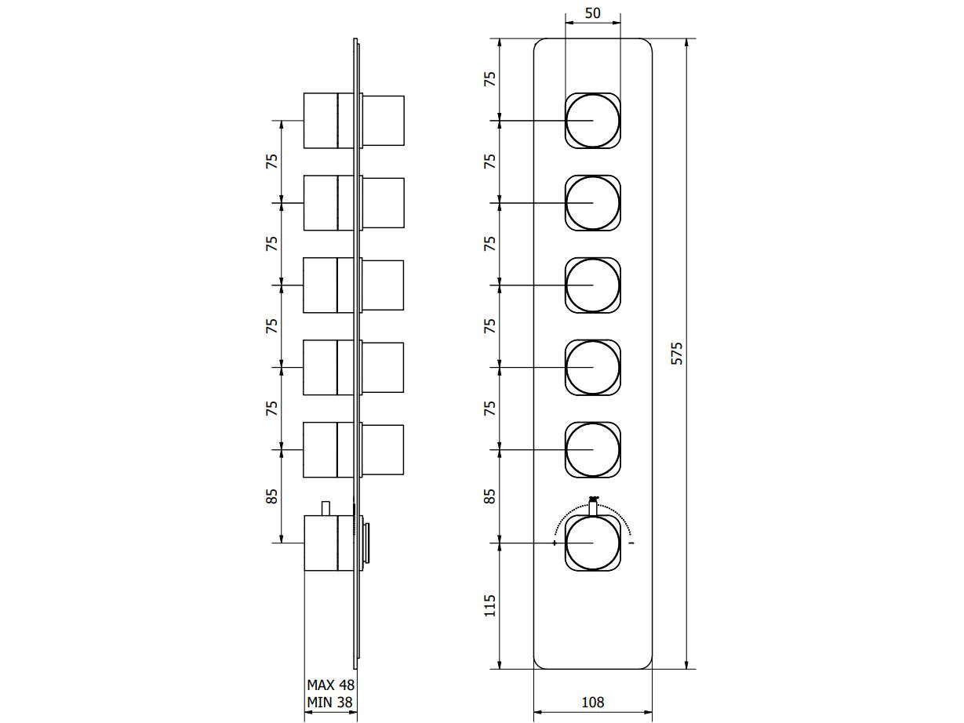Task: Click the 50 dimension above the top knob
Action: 592,14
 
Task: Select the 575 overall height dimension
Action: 678,353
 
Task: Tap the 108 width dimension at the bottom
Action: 593,703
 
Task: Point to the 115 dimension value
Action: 490,605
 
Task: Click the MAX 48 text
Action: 330,685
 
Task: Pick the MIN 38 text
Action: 330,703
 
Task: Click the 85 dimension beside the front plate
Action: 490,496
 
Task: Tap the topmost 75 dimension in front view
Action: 490,79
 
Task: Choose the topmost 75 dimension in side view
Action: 272,162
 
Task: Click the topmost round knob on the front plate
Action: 592,121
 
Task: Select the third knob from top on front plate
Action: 592,285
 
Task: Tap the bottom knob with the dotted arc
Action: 592,543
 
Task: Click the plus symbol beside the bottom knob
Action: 555,543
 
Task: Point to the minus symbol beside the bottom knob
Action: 631,543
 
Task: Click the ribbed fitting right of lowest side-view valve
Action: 367,543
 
